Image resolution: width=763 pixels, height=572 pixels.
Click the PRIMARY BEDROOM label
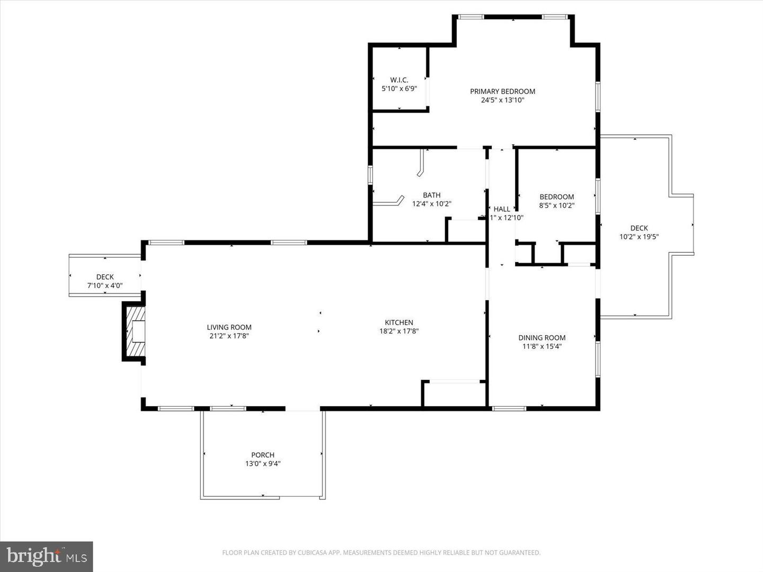502,91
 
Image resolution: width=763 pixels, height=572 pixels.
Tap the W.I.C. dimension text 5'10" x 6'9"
399,89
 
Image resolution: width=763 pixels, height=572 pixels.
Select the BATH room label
431,195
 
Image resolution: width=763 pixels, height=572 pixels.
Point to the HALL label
502,209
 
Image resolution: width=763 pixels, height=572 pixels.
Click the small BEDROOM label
556,196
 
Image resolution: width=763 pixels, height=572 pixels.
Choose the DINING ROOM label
542,337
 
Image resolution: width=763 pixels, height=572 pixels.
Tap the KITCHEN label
398,322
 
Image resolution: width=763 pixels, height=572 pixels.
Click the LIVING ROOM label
229,327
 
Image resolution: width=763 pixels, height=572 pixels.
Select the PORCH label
263,455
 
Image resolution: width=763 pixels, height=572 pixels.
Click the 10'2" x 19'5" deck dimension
639,237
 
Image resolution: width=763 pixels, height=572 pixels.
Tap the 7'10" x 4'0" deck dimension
105,285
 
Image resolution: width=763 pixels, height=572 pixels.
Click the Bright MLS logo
47,556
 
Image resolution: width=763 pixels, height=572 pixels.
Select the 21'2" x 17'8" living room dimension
229,336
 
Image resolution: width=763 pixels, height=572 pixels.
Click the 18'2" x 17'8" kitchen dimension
398,331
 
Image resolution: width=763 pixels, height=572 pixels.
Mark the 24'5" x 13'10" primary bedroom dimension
502,100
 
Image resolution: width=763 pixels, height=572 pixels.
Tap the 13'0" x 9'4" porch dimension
263,463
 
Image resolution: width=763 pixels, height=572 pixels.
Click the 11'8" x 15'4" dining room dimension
542,346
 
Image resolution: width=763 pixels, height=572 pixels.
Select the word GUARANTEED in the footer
521,553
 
